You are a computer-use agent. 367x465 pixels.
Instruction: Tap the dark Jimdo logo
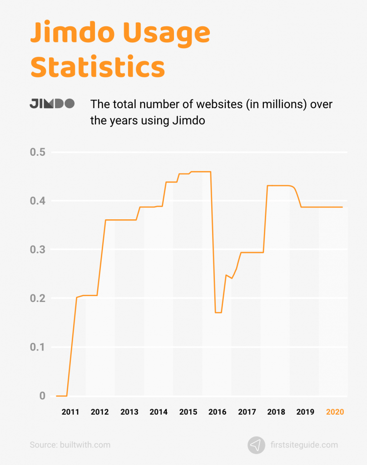tap(52, 104)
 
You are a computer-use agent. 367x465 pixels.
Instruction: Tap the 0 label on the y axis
tap(42, 396)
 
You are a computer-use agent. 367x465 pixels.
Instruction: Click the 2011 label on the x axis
tap(70, 412)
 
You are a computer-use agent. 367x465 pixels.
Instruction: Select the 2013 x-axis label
tap(129, 412)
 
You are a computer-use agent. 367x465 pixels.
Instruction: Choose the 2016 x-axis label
tap(217, 412)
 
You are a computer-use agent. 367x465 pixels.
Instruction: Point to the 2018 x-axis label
tap(276, 412)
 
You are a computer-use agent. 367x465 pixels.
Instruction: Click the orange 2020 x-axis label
tap(335, 412)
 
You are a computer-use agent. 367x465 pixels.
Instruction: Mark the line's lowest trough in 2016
tap(218, 312)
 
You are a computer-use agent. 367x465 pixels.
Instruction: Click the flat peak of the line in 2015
tap(200, 172)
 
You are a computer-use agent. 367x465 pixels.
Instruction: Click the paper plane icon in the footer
tap(256, 445)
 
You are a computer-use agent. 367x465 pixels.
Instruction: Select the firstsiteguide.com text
tap(304, 445)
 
